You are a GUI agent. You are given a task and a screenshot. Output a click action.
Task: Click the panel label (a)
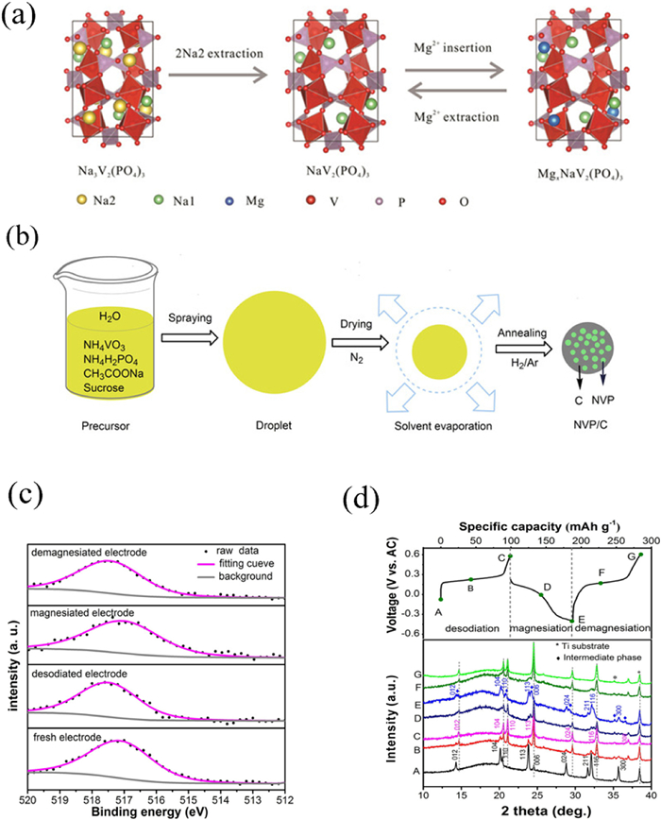(x=26, y=22)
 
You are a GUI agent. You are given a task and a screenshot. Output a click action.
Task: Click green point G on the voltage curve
(x=639, y=555)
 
